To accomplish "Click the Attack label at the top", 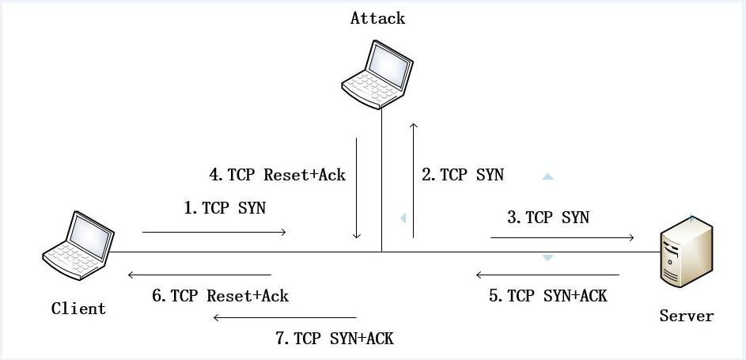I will click(377, 18).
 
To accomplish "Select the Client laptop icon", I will click(78, 246).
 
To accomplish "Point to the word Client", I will click(78, 309).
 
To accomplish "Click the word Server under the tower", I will click(686, 316).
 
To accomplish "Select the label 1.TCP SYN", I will click(225, 208).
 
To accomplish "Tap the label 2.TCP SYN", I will click(462, 175).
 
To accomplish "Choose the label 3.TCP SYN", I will click(547, 217).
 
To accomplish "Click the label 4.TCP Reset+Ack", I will click(276, 175).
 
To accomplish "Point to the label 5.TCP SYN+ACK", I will click(547, 296).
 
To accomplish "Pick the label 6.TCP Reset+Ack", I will click(220, 296).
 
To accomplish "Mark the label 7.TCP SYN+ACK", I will click(334, 339).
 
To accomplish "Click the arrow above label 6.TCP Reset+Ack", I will click(199, 275).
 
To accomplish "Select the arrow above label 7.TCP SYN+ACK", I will click(285, 319).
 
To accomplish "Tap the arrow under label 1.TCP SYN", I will click(214, 233).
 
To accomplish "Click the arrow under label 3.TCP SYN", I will click(562, 237).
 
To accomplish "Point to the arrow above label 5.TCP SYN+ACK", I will click(547, 275).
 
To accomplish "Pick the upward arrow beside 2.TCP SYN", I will click(412, 180).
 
